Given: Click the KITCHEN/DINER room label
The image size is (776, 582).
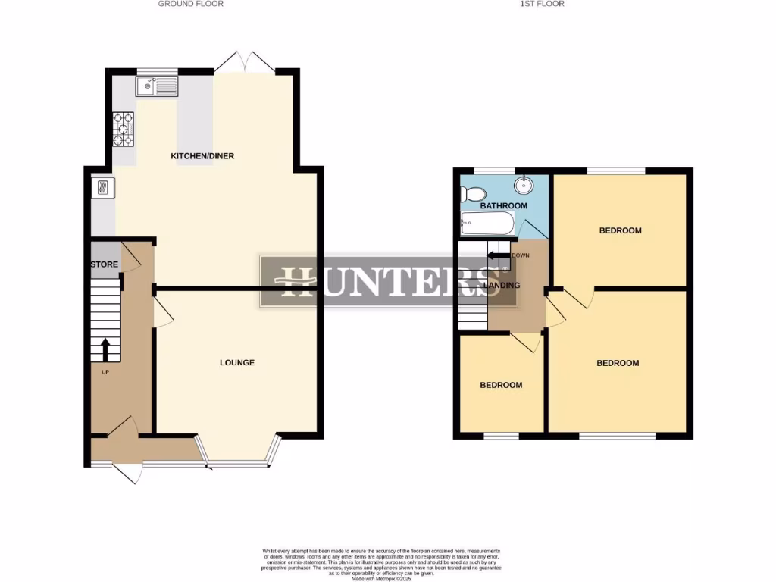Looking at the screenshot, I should [x=202, y=156].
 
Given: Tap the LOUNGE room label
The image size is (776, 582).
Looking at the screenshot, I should [x=237, y=363].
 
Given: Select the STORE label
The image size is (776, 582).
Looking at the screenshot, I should [x=105, y=264].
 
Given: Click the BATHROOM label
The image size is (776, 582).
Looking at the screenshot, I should [x=504, y=206].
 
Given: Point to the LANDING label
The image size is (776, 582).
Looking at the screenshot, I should [x=502, y=286].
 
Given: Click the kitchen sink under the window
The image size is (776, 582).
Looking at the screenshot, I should [x=157, y=87].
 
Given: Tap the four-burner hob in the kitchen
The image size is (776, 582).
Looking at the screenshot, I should [x=124, y=129].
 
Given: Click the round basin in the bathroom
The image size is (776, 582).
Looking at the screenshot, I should [x=524, y=184].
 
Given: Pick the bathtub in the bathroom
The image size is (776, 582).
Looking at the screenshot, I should [x=487, y=224].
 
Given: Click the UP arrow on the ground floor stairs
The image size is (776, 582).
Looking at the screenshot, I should [x=105, y=350].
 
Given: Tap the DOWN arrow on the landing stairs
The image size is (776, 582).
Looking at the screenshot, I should [x=497, y=255].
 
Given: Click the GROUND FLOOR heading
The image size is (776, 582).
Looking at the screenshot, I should [x=190, y=4].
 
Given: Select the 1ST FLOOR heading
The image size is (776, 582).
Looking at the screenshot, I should [x=542, y=4].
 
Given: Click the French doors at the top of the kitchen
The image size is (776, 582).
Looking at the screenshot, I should [x=245, y=64].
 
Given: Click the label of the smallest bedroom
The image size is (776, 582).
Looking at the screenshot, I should [x=501, y=385].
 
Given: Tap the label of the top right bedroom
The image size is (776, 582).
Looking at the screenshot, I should [x=621, y=230].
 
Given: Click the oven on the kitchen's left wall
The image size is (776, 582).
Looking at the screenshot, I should [x=102, y=188].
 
